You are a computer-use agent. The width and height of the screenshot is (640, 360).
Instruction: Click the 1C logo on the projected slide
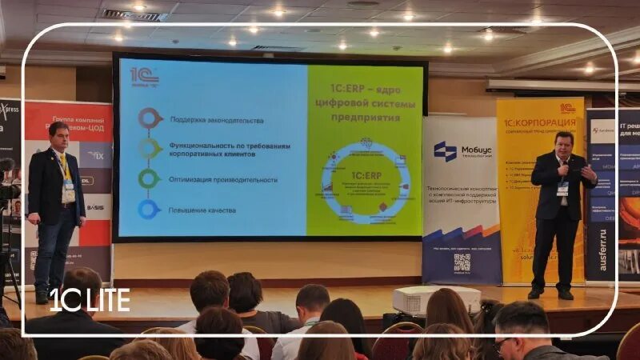(x=145, y=78)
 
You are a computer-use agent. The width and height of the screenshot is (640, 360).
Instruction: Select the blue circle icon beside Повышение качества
(x=149, y=209)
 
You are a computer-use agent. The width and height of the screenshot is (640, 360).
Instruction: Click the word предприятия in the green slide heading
(x=365, y=117)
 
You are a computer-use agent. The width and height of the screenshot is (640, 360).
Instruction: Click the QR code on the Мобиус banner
(x=462, y=262)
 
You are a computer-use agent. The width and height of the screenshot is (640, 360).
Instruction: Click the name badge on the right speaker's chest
(x=563, y=189)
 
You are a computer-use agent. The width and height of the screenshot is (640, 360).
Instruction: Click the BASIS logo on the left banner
(x=94, y=207)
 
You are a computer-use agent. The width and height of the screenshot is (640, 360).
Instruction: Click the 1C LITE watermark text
(x=90, y=300)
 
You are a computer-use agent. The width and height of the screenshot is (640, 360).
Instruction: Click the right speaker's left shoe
(x=566, y=294)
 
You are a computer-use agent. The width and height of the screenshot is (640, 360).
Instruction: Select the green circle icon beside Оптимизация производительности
(x=149, y=178)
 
